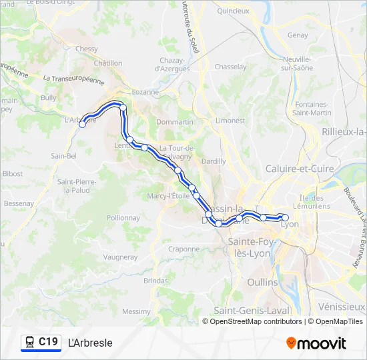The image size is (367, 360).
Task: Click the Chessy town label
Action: [87, 49]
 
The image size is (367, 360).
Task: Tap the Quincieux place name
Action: [234, 11]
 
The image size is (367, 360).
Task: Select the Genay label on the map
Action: [298, 35]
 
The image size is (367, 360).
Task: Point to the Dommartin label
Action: [175, 122]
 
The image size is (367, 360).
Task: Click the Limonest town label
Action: [230, 121]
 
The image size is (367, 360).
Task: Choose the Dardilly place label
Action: [214, 161]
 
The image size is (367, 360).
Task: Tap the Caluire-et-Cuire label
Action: [300, 169]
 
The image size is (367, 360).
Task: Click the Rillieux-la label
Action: [344, 132]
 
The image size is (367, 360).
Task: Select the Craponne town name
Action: [183, 249]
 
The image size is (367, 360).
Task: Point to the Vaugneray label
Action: [121, 257]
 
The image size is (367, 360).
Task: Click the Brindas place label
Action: [155, 281]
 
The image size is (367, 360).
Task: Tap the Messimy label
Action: [137, 311]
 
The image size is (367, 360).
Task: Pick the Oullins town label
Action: [262, 282]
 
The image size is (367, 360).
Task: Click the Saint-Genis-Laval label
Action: [252, 311]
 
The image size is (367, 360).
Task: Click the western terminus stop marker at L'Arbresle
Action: [83, 124]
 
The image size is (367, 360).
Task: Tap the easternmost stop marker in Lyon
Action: [286, 217]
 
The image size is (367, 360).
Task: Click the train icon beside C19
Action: [29, 343]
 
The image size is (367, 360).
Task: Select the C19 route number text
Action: [48, 342]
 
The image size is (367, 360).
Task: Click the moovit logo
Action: [316, 343]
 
